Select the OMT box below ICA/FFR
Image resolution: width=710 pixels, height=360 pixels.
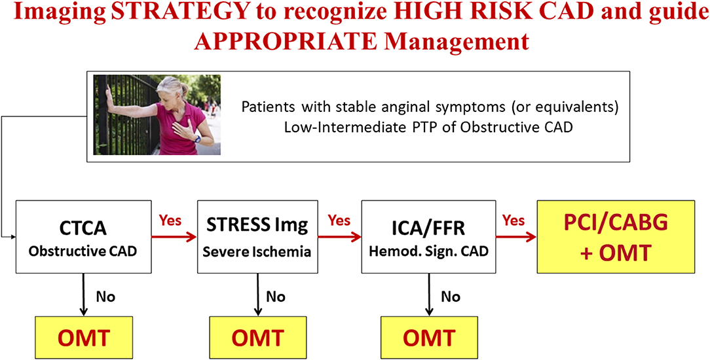[428, 338]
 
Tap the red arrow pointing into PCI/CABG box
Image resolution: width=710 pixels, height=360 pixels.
[517, 234]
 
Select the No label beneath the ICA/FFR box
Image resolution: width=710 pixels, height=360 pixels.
[450, 296]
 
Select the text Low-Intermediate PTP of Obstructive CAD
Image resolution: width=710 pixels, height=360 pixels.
[428, 127]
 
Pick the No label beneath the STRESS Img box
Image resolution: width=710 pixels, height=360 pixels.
[275, 296]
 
